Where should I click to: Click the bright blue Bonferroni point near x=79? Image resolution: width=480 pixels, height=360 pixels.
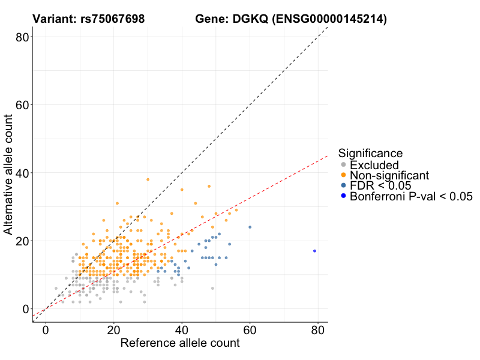tap(314, 251)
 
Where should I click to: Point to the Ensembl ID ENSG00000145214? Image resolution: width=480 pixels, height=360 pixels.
tap(329, 19)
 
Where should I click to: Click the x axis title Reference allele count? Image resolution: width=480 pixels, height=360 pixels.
tap(180, 344)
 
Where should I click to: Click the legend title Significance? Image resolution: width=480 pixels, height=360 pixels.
tap(370, 154)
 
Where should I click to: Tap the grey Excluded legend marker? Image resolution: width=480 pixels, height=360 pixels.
tap(343, 165)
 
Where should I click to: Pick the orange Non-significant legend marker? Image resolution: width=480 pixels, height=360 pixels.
tap(343, 175)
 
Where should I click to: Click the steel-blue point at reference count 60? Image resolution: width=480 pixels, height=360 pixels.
tap(250, 227)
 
